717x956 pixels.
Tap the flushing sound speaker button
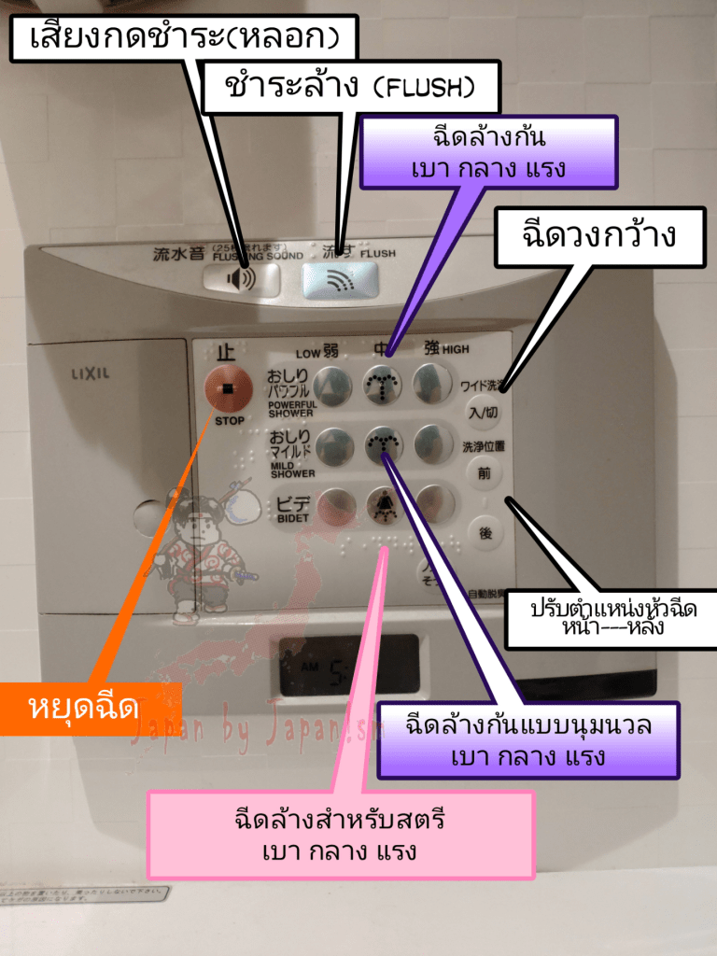pos(241,279)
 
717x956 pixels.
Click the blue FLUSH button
pos(340,280)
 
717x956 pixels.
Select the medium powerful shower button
pos(382,384)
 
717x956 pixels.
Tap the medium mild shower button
pos(382,445)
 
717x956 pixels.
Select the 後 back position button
pos(485,533)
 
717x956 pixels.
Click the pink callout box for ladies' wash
pos(340,835)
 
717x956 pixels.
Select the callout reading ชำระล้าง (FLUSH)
pos(350,88)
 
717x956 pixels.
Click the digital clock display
pos(349,666)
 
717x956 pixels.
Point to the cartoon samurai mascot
pos(201,551)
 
